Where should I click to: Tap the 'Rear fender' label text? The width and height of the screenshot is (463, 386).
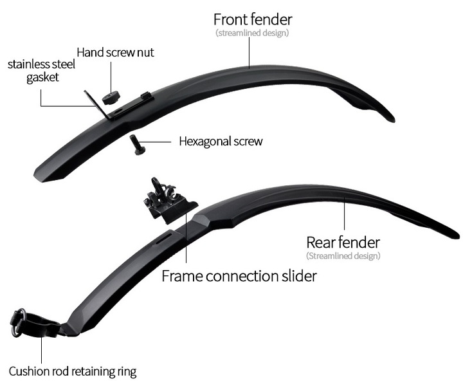click(x=343, y=242)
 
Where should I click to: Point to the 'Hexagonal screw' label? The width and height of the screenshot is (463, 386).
click(x=221, y=141)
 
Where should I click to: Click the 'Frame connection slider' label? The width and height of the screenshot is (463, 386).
click(x=239, y=276)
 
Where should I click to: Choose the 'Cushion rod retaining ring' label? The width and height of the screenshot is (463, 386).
click(x=73, y=371)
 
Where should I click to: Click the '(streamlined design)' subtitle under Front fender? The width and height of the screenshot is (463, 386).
click(x=253, y=33)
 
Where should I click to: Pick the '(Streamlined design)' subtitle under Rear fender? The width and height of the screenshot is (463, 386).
click(x=343, y=256)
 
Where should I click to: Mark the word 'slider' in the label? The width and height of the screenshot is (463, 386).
click(x=299, y=276)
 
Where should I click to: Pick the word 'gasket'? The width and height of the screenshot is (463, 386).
click(x=43, y=77)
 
